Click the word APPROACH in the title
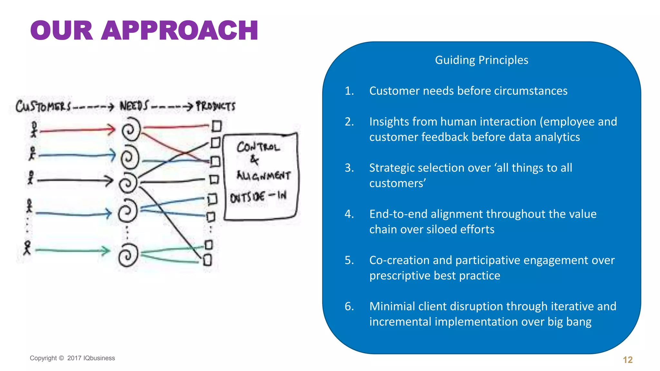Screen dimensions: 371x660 [180, 31]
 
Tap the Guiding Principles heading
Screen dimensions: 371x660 [481, 60]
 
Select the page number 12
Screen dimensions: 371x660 [627, 360]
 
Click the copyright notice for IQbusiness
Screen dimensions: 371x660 [72, 358]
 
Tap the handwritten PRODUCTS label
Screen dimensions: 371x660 [216, 106]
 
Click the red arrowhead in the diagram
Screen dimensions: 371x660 [112, 129]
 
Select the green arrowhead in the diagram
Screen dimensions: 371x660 [106, 251]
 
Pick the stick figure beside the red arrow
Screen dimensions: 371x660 [34, 129]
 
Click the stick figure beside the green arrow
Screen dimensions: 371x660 [28, 248]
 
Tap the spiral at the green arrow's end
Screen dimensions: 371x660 [128, 255]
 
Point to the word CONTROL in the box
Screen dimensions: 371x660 [258, 147]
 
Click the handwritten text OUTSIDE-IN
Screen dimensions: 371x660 [258, 197]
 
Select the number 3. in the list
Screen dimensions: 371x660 [349, 168]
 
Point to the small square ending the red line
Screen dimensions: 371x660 [217, 126]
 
